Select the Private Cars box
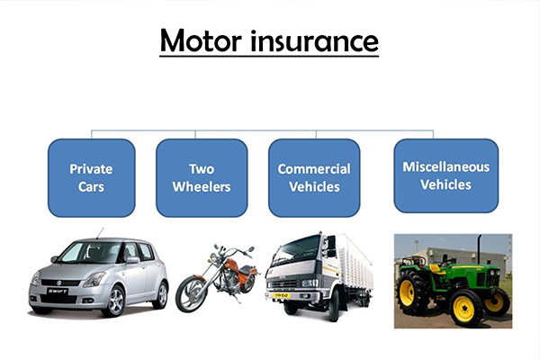pos(91,177)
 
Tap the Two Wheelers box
pos(202,177)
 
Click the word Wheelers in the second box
pos(202,187)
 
